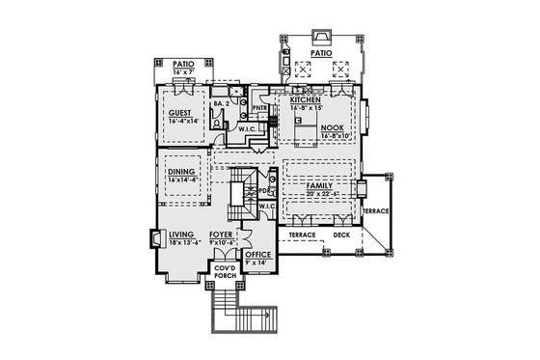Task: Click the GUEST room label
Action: click(179, 113)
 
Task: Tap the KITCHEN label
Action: click(305, 99)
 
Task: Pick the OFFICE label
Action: click(257, 255)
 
